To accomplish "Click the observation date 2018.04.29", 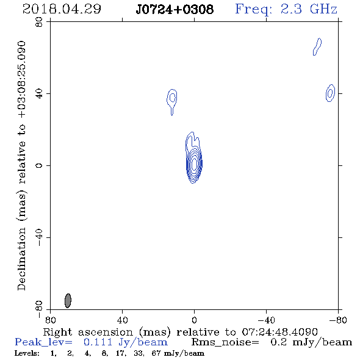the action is coord(62,9).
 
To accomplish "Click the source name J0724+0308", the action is coord(175,9).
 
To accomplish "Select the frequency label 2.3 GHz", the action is coord(309,9).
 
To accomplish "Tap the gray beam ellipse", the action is coord(68,301).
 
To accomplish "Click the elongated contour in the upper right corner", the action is coord(317,47).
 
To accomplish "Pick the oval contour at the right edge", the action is coord(330,93).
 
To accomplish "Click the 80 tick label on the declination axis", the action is coord(39,22).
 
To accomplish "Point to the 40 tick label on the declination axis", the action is coord(39,94).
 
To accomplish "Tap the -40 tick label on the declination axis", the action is coord(39,237).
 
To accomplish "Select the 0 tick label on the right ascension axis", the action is coord(194,320).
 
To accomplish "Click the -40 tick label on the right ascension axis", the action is coord(266,320).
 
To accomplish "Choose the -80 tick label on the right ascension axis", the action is coord(338,320).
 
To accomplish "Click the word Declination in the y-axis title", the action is coord(21,259).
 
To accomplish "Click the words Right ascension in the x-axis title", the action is coord(88,332).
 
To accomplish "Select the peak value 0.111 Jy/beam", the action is coord(125,342).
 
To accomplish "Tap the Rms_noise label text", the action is coord(225,342).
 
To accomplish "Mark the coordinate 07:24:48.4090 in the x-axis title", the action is coord(279,332).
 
